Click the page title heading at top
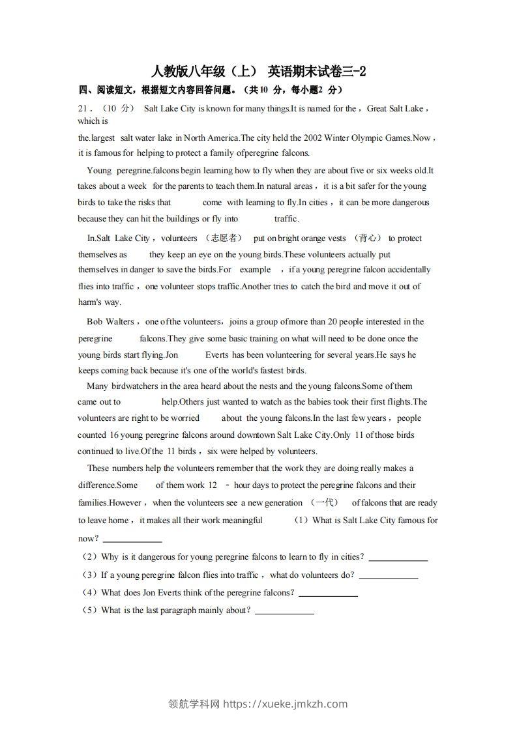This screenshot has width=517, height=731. coord(258,72)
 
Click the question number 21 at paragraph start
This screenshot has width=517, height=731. coord(83,109)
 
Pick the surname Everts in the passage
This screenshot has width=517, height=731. coord(217,355)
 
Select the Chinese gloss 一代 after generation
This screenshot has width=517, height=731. coord(324,503)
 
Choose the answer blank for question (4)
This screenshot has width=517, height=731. coord(328,595)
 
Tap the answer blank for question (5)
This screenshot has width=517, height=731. coord(284,612)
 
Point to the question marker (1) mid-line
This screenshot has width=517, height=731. coord(301,521)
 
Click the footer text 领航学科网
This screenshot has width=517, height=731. coord(194,704)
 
